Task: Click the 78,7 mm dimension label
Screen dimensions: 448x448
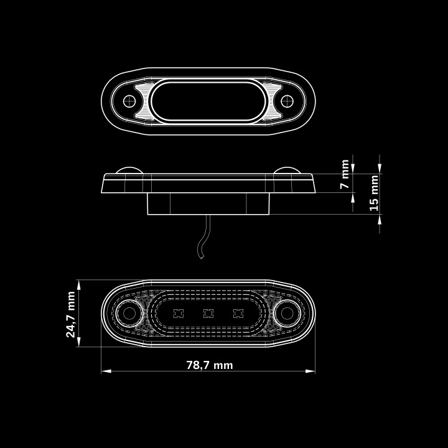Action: click(x=210, y=365)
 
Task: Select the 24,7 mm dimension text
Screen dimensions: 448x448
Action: click(x=70, y=314)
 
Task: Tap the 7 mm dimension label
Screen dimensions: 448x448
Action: click(x=345, y=174)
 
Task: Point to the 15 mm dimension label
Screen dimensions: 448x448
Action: click(x=374, y=193)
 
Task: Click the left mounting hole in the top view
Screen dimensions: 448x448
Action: click(x=129, y=101)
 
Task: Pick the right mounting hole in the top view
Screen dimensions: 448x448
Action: click(x=287, y=101)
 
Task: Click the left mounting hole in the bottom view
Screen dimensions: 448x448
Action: click(x=129, y=314)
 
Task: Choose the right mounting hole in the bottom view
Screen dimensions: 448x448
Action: click(x=287, y=314)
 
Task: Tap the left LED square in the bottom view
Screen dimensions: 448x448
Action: click(x=179, y=314)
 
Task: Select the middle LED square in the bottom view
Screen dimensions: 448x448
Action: click(x=208, y=314)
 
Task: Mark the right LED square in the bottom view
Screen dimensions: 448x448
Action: click(x=238, y=314)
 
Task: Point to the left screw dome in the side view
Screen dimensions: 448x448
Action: click(x=129, y=169)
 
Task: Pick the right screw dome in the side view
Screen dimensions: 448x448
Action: click(x=287, y=169)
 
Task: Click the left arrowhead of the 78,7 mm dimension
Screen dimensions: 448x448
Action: click(x=106, y=371)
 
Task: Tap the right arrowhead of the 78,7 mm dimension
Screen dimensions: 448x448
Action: click(x=310, y=371)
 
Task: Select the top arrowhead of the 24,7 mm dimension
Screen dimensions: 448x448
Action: click(x=79, y=285)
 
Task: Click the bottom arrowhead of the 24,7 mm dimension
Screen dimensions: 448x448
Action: click(x=79, y=342)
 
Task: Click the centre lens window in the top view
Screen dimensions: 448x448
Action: click(x=208, y=101)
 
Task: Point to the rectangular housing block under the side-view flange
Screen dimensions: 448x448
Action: click(x=208, y=203)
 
